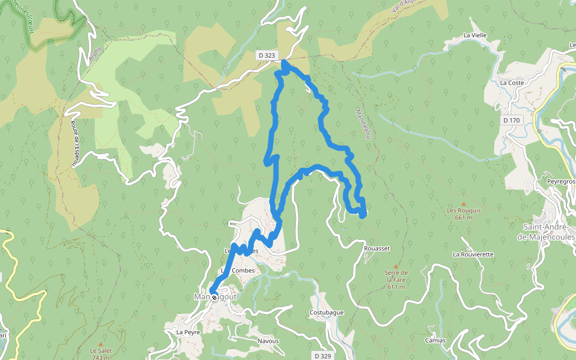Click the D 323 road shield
coord(266,55)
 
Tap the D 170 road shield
coord(512,121)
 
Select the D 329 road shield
coord(323,356)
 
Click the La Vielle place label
coord(475,35)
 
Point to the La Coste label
coord(511,82)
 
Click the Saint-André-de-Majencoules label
coord(549,232)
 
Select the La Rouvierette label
coord(473,254)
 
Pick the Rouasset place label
coord(377,248)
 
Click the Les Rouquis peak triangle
coord(463,204)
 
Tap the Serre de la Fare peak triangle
coord(395,266)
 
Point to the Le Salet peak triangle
coord(100,344)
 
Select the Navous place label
coord(268,341)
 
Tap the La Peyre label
coord(187,331)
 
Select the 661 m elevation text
coord(464,218)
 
